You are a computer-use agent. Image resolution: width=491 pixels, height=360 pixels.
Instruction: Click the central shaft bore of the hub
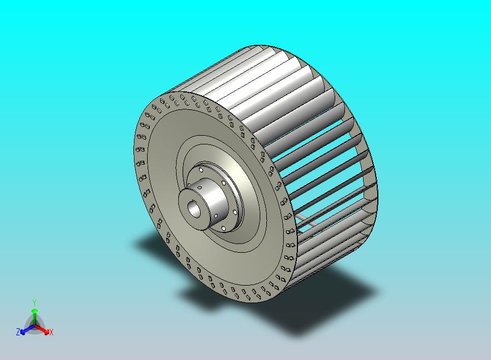[x=194, y=210]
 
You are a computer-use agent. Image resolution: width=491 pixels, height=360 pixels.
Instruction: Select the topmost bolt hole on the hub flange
[x=201, y=170]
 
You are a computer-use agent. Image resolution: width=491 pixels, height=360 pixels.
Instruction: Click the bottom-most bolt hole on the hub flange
[x=223, y=229]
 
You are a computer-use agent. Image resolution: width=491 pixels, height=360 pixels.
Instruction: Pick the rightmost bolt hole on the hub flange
[x=235, y=212]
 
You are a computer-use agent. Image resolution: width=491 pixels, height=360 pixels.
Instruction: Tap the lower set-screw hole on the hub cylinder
[x=216, y=216]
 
